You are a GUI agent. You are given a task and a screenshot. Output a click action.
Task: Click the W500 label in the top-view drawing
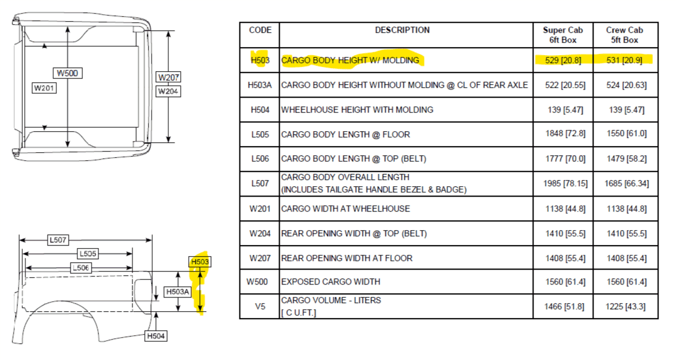[67, 73]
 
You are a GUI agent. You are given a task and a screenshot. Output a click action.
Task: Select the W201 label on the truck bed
[44, 88]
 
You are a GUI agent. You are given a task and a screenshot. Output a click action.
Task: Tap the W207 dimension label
[168, 77]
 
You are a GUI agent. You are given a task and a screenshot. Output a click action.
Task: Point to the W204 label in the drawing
[168, 91]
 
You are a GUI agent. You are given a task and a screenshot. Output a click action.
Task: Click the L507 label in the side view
[58, 239]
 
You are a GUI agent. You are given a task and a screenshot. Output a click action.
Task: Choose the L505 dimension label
[88, 254]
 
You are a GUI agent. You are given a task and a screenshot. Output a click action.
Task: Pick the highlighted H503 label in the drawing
[200, 262]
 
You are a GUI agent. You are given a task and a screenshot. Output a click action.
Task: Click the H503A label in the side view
[178, 292]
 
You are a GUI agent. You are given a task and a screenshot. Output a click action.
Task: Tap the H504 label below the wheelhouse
[156, 336]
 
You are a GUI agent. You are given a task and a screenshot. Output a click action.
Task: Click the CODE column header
[261, 30]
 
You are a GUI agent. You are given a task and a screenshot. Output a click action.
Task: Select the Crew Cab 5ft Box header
[624, 35]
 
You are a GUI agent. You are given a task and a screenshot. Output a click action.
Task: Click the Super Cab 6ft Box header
[563, 35]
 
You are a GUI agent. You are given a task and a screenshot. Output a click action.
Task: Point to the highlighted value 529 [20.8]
[563, 60]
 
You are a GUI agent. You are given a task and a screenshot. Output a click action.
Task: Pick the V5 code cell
[260, 306]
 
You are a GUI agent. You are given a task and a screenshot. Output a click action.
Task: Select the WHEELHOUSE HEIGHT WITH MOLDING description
[357, 109]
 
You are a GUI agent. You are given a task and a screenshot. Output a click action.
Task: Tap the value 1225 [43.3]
[626, 306]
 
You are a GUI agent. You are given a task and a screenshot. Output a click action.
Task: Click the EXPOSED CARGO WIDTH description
[330, 282]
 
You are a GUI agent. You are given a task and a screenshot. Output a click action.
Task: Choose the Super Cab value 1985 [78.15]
[565, 184]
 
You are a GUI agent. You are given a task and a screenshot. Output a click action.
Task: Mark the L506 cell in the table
[260, 158]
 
